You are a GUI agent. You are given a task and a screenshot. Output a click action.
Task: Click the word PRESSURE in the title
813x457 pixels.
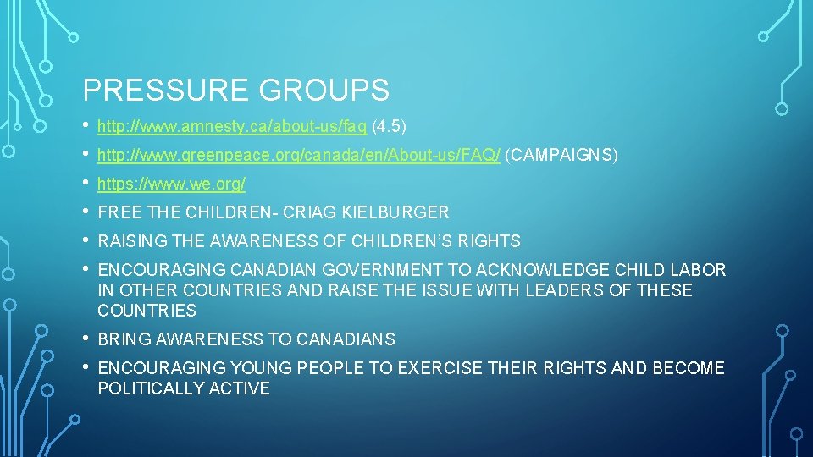pyautogui.click(x=152, y=90)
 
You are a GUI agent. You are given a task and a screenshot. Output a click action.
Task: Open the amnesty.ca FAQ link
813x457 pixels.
pyautogui.click(x=232, y=127)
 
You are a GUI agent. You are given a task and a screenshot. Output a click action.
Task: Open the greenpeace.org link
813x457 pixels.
pyautogui.click(x=299, y=156)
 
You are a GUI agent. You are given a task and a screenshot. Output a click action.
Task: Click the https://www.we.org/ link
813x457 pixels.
pyautogui.click(x=172, y=184)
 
